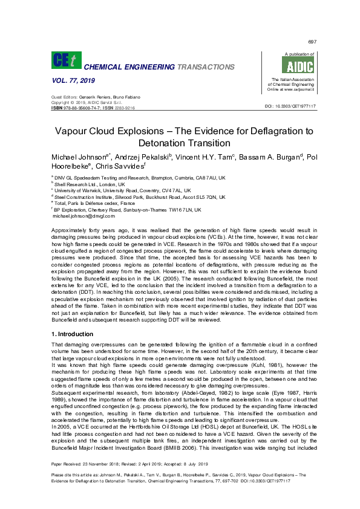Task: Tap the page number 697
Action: (x=312, y=41)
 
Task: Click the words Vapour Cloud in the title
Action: (x=91, y=131)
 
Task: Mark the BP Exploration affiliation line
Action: (x=127, y=210)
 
